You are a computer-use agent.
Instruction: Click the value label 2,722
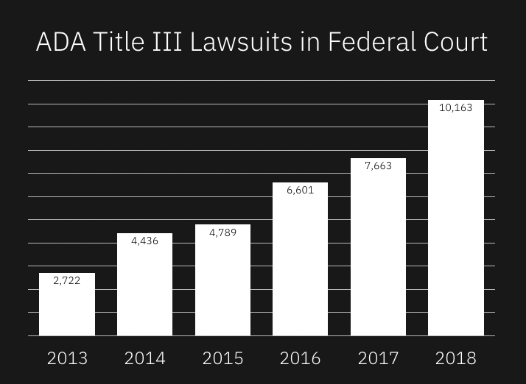click(x=67, y=280)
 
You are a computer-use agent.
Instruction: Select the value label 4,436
click(x=144, y=241)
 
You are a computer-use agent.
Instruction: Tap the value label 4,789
click(x=222, y=232)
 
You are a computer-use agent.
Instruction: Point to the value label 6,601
click(x=300, y=190)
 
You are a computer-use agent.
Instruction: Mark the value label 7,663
click(x=378, y=166)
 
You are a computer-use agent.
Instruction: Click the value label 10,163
click(x=456, y=107)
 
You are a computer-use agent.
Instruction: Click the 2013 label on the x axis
click(x=67, y=358)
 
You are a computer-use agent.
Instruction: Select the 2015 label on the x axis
click(x=222, y=358)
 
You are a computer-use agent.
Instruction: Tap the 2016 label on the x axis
click(x=300, y=358)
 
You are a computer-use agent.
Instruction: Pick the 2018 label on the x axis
click(x=456, y=358)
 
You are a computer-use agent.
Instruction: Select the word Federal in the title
click(x=368, y=42)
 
